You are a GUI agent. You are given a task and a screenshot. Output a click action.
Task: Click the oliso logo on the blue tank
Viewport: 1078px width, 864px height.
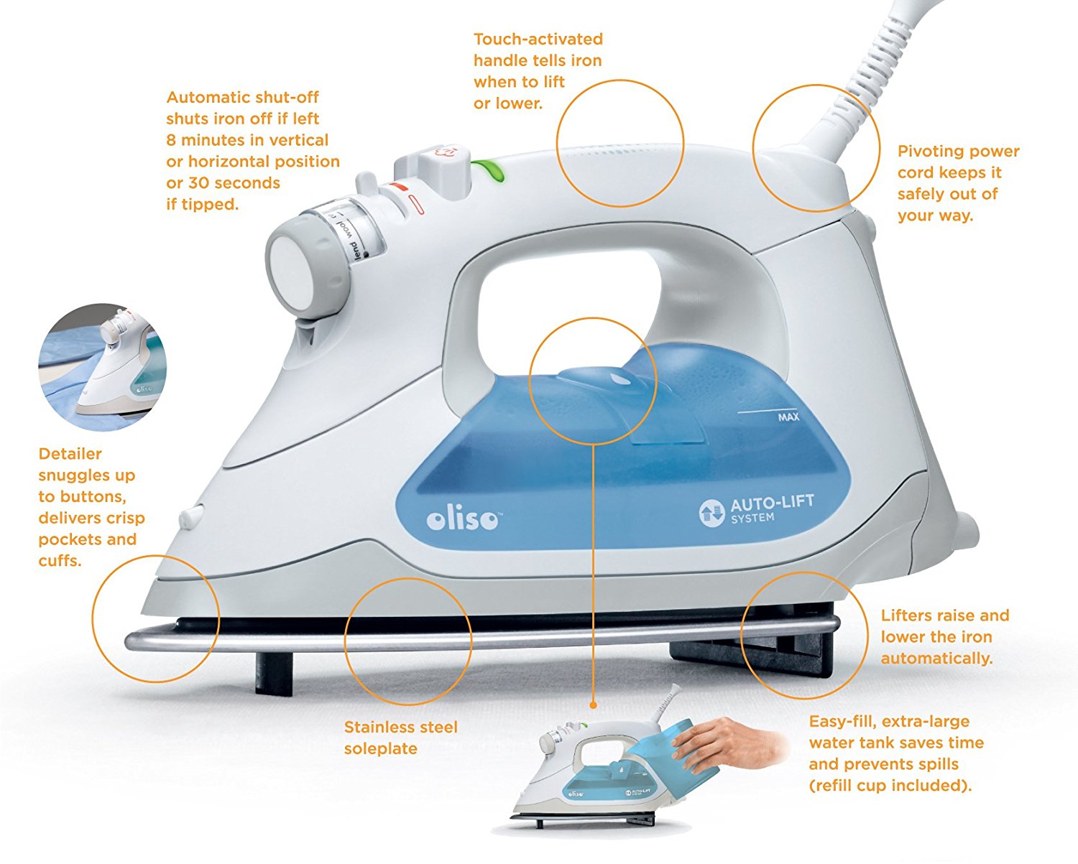click(x=463, y=519)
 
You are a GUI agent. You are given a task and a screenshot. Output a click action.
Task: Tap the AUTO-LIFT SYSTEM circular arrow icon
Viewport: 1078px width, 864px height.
click(x=711, y=513)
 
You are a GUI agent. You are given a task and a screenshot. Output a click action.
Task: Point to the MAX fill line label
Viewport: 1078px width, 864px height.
click(x=788, y=417)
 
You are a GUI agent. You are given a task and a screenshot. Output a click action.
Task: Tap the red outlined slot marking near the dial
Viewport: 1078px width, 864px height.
click(x=415, y=205)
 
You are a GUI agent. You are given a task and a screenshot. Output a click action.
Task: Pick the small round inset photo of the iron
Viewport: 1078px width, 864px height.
click(x=103, y=367)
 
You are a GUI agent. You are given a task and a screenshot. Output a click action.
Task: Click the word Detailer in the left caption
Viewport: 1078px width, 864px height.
click(x=70, y=454)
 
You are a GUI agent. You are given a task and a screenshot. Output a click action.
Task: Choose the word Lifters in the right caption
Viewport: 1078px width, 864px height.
click(x=908, y=616)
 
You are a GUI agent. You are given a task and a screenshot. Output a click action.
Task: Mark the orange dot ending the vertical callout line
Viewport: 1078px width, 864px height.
click(x=594, y=705)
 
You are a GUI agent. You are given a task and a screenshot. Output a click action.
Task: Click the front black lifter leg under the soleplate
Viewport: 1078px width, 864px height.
click(x=274, y=672)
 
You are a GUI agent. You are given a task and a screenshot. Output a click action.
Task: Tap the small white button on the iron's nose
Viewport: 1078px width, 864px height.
click(x=190, y=516)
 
